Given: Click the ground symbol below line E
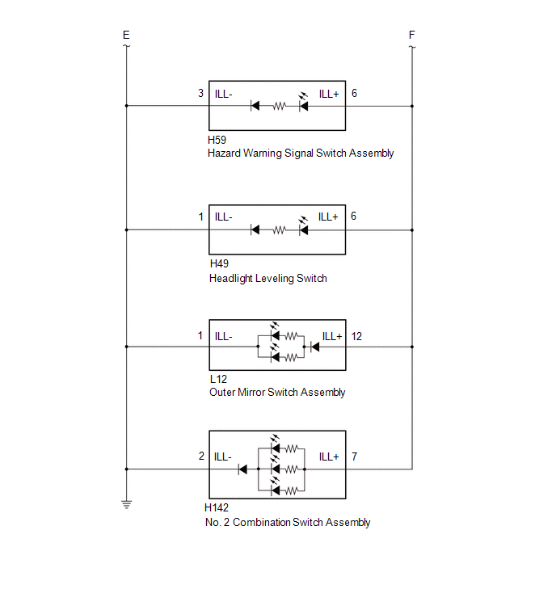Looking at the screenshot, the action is (126, 505).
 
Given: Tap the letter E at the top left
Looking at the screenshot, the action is (126, 35).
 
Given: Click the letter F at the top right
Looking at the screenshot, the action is (412, 35).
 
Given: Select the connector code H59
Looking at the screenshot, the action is (217, 140).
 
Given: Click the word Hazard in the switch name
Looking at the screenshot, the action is (224, 153).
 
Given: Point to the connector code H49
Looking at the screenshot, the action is (219, 263).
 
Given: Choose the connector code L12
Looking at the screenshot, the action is (218, 379).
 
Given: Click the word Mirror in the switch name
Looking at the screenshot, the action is (251, 392).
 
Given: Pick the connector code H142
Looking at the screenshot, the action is (217, 507).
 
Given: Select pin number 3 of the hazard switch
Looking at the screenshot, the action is (200, 94).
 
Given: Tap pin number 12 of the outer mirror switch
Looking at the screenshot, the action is (356, 337).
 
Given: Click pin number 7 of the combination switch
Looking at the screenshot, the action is (355, 456).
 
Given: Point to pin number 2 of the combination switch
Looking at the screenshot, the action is (201, 456).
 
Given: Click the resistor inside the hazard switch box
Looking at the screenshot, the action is (279, 106).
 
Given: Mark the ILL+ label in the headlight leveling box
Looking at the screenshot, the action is (328, 217).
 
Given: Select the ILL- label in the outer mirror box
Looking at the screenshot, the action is (223, 337).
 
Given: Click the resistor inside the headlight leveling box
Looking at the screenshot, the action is (279, 230).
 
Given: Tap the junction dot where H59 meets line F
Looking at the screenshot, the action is (412, 106).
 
